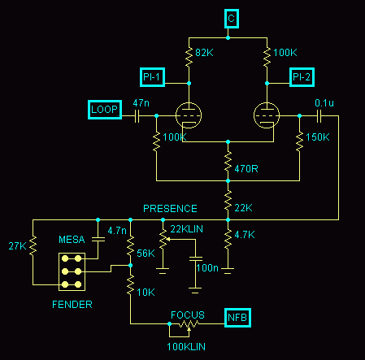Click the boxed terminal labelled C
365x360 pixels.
(232, 19)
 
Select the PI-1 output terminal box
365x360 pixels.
(152, 77)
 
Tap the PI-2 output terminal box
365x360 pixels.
(302, 77)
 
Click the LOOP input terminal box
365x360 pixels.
(105, 110)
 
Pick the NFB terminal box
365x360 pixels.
(237, 318)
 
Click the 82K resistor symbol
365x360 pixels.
(189, 57)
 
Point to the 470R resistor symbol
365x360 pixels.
(228, 161)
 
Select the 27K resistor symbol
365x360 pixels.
(33, 245)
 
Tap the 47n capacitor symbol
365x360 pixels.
(137, 116)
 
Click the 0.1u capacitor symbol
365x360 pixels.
(319, 116)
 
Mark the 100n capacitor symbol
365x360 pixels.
(195, 258)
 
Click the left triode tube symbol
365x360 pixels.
(189, 115)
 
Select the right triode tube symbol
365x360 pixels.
(267, 115)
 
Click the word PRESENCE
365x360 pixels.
(170, 209)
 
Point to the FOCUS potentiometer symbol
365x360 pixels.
(189, 324)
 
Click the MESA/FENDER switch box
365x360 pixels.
(72, 271)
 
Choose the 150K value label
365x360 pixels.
(318, 137)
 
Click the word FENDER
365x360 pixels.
(72, 305)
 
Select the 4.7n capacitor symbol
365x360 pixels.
(98, 240)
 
